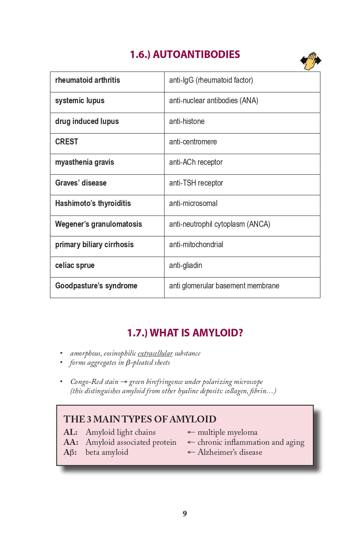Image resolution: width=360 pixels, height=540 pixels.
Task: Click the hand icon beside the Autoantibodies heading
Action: pyautogui.click(x=311, y=61)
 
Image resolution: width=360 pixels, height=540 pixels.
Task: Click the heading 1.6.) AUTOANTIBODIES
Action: pyautogui.click(x=185, y=54)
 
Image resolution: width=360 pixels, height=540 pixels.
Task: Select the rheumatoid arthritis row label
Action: pyautogui.click(x=88, y=80)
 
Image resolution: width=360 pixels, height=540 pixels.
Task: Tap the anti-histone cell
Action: pyautogui.click(x=186, y=122)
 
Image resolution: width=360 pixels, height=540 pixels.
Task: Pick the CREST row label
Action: pyautogui.click(x=66, y=142)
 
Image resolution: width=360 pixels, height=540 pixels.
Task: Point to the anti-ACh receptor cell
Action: pyautogui.click(x=196, y=162)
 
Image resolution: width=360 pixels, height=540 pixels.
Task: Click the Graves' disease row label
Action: pyautogui.click(x=81, y=183)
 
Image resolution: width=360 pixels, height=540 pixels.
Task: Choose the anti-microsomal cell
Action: pyautogui.click(x=193, y=204)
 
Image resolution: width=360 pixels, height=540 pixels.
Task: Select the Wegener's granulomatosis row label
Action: pyautogui.click(x=98, y=224)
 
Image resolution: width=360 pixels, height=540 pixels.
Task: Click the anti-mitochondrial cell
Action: pyautogui.click(x=196, y=245)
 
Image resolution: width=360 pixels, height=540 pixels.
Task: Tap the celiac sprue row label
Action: pyautogui.click(x=75, y=266)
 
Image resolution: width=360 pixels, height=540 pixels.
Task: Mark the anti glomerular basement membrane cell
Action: pyautogui.click(x=224, y=286)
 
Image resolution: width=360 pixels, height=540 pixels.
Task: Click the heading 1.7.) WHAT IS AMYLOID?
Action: pyautogui.click(x=185, y=333)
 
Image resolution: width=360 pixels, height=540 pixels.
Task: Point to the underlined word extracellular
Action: pyautogui.click(x=155, y=354)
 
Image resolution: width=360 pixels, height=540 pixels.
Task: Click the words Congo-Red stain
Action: pyautogui.click(x=94, y=382)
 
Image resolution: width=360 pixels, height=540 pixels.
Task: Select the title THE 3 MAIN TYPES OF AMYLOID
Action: pyautogui.click(x=140, y=419)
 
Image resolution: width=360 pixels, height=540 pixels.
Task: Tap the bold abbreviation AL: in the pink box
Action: pyautogui.click(x=70, y=432)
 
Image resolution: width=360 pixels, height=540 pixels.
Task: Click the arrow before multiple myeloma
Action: pyautogui.click(x=191, y=432)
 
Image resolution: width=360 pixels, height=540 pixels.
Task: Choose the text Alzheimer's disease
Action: pyautogui.click(x=230, y=452)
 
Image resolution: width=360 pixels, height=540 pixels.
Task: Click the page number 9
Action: pyautogui.click(x=185, y=514)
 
